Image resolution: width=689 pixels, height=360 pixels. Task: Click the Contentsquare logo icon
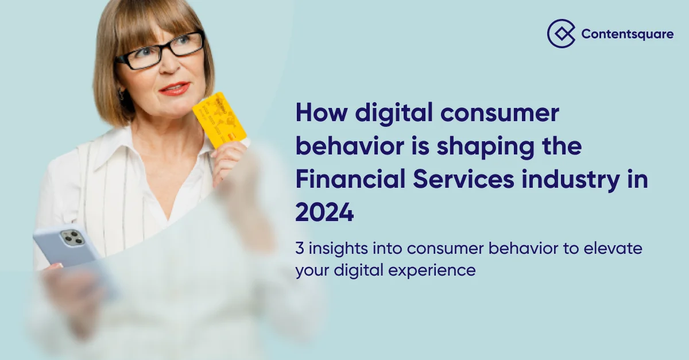(x=561, y=33)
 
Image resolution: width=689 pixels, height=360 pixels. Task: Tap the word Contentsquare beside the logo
(x=627, y=34)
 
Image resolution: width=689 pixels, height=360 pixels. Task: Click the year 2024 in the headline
(x=324, y=213)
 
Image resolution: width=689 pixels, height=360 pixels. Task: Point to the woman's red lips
(x=174, y=89)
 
